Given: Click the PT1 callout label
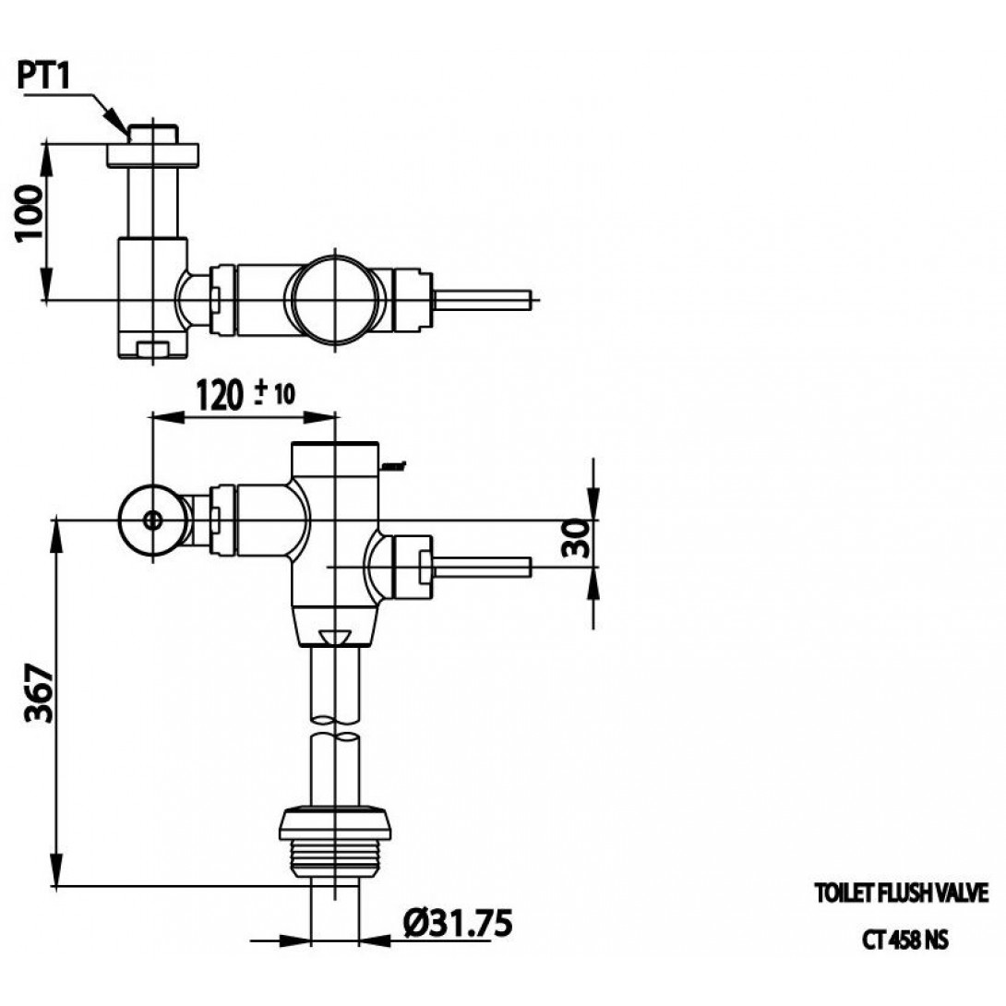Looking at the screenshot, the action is (x=42, y=77).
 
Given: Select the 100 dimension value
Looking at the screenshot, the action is (x=30, y=212).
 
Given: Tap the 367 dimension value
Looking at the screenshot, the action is (x=39, y=693).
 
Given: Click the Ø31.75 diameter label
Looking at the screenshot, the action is (x=458, y=923).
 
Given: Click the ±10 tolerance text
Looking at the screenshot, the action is (x=275, y=393).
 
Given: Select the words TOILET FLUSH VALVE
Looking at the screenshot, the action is (x=902, y=893).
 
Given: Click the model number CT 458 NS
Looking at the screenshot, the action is (x=904, y=940).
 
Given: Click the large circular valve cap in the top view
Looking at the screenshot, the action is (x=336, y=300).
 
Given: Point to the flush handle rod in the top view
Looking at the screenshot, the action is (x=483, y=300).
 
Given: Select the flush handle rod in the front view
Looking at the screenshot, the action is (x=483, y=568).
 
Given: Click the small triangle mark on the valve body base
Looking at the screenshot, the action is (x=335, y=637).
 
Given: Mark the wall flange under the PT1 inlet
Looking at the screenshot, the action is (x=152, y=155).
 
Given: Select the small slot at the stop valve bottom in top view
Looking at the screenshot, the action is (x=152, y=350).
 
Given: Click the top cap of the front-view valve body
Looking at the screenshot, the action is (x=335, y=459).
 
